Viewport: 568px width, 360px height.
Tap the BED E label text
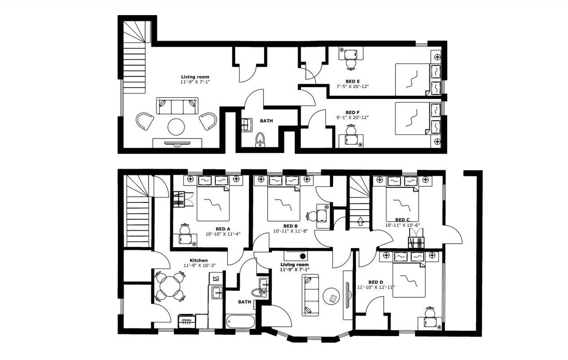point(353,81)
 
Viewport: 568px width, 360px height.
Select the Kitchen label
point(199,260)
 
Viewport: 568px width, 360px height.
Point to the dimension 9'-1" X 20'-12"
point(353,118)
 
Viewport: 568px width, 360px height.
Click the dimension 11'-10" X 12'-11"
point(376,287)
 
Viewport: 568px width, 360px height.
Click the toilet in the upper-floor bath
point(260,139)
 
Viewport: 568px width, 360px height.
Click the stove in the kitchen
point(186,321)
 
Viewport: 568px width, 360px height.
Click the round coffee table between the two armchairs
point(176,127)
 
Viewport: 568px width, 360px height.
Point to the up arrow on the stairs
point(360,221)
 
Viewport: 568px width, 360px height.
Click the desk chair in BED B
point(312,217)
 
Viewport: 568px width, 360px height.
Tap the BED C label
point(402,220)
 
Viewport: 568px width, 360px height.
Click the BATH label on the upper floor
point(266,121)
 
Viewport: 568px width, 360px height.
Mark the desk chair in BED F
point(351,130)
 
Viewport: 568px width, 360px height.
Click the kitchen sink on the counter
point(217,292)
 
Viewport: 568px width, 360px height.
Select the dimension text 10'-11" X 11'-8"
point(293,231)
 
